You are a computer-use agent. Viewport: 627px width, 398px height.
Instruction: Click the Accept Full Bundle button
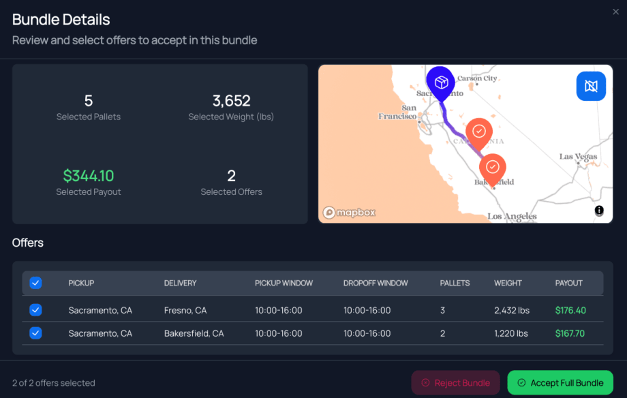point(560,382)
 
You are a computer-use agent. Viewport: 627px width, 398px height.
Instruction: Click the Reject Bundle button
point(455,382)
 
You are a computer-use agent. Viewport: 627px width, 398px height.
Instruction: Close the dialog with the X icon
point(616,11)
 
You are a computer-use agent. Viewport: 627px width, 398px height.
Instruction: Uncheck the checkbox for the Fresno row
point(36,310)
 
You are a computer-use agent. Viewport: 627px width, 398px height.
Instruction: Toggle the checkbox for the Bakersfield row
point(36,333)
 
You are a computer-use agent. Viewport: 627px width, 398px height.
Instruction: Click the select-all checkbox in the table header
point(36,283)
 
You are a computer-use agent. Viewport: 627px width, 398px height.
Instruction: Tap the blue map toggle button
point(590,87)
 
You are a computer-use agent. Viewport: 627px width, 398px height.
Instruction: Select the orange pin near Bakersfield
point(493,167)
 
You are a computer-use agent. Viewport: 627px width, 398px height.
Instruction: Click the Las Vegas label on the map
point(577,157)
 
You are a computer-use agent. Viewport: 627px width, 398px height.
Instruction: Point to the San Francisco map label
point(399,112)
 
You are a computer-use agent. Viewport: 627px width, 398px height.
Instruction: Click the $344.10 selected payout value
point(89,176)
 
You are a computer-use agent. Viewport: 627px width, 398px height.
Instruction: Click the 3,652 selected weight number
point(231,101)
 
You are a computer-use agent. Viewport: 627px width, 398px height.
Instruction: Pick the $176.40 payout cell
point(570,310)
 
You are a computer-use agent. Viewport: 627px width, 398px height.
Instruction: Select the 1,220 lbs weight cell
point(511,333)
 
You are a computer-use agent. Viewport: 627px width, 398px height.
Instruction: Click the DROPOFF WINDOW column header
point(376,283)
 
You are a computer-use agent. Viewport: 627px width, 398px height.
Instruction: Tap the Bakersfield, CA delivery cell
point(194,333)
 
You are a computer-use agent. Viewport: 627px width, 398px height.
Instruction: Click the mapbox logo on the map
point(349,212)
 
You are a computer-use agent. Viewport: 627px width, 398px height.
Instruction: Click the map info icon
point(599,211)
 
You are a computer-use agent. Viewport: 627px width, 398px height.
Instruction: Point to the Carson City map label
point(477,78)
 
